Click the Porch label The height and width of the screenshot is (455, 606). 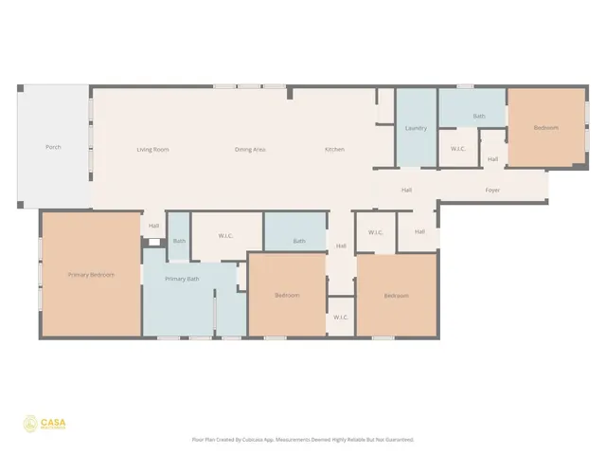53,147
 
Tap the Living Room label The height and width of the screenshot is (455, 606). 152,149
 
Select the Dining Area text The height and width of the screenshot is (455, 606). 250,149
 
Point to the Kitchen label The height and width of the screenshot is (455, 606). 334,149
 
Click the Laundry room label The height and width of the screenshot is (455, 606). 416,128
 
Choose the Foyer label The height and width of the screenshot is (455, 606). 492,190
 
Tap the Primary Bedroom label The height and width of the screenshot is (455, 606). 91,275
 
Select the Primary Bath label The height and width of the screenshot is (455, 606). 182,279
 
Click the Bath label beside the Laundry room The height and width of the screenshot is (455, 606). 479,117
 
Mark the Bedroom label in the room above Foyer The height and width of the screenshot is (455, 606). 545,128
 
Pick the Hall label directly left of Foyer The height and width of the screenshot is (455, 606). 406,190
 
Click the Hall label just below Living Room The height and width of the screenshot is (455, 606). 153,225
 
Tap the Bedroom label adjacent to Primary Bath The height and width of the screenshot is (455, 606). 287,296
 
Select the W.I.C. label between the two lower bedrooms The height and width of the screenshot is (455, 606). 341,318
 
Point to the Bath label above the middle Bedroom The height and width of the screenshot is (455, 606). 299,241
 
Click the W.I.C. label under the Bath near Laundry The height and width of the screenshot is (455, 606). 457,149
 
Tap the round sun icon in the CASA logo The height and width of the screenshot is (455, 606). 30,424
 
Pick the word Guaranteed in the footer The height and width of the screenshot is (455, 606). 399,440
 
